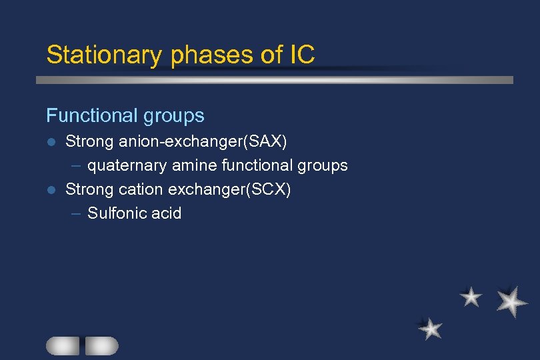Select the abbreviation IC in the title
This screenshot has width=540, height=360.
click(x=302, y=55)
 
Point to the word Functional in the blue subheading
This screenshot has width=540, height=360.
click(x=83, y=116)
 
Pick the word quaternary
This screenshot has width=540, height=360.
click(x=126, y=165)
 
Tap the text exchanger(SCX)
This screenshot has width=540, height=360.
click(x=230, y=189)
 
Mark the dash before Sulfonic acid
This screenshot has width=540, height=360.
click(x=75, y=213)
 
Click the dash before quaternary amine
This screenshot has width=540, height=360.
click(x=75, y=165)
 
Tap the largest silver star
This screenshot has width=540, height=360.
click(x=511, y=301)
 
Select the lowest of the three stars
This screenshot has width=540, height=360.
click(x=431, y=328)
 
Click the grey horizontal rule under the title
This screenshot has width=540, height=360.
click(x=274, y=79)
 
